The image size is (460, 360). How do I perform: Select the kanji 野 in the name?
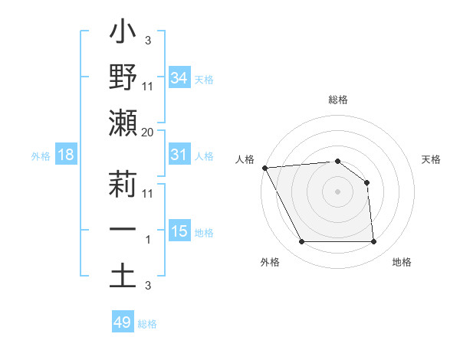[123, 78]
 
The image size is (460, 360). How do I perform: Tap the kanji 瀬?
[123, 124]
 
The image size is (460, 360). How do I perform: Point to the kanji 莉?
[123, 185]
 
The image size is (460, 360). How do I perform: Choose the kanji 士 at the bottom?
[123, 277]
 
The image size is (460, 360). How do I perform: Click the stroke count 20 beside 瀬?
[148, 132]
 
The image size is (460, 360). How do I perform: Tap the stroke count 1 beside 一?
[148, 240]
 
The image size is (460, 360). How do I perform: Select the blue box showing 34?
[179, 77]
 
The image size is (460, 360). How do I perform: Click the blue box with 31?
[179, 155]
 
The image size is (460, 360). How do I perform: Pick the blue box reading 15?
[179, 231]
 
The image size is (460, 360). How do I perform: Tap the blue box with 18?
[66, 155]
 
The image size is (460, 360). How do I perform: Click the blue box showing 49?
[123, 322]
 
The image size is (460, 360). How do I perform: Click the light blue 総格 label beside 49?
[147, 324]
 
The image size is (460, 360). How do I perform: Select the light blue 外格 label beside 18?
[41, 156]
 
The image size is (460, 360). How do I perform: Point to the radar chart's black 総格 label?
[337, 100]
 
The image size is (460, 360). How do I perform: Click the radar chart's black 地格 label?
[402, 262]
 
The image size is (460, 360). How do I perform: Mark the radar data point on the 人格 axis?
[264, 167]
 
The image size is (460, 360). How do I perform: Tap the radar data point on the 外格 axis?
[301, 242]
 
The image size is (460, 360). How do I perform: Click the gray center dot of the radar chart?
[337, 191]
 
